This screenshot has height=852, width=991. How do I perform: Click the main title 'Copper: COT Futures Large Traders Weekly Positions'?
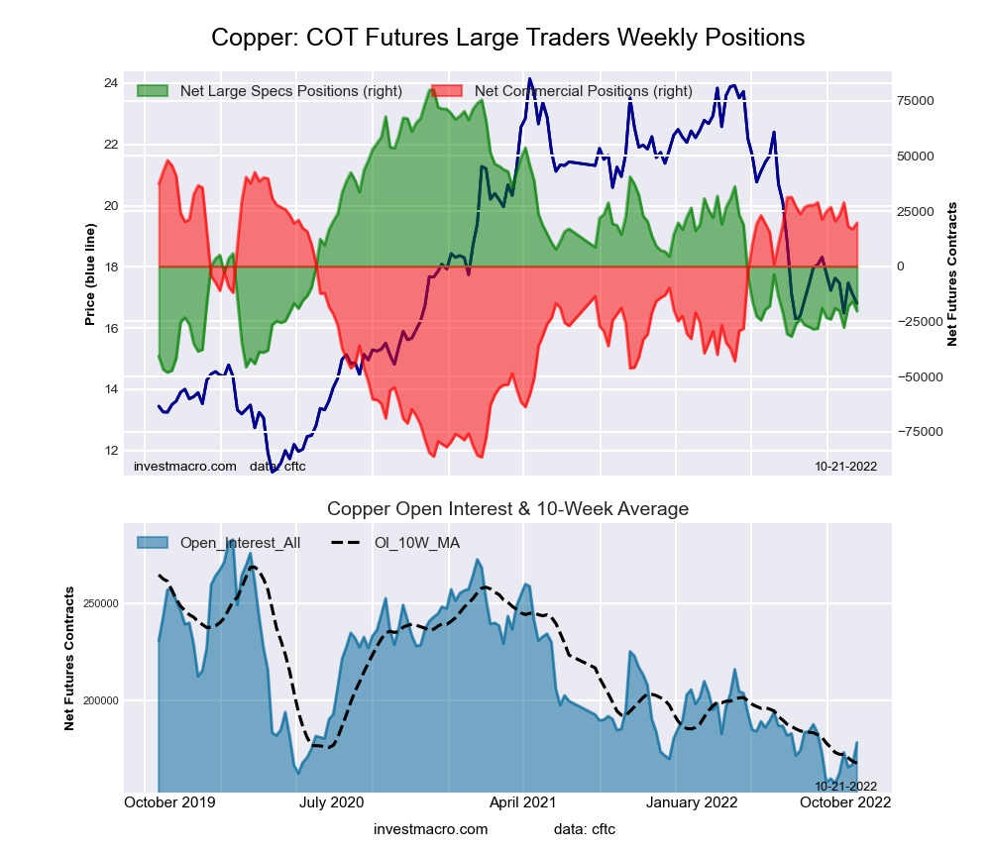click(507, 39)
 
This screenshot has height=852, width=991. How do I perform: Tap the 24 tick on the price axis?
click(111, 82)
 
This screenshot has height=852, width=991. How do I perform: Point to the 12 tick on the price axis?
click(111, 451)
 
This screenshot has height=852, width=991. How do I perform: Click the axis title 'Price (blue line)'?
click(90, 274)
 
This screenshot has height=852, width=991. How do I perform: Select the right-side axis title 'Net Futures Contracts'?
click(952, 273)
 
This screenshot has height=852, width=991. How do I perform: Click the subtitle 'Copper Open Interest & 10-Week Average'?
click(507, 509)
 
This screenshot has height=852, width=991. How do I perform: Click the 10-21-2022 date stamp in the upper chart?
click(845, 466)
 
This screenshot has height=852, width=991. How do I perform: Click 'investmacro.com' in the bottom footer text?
click(430, 828)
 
